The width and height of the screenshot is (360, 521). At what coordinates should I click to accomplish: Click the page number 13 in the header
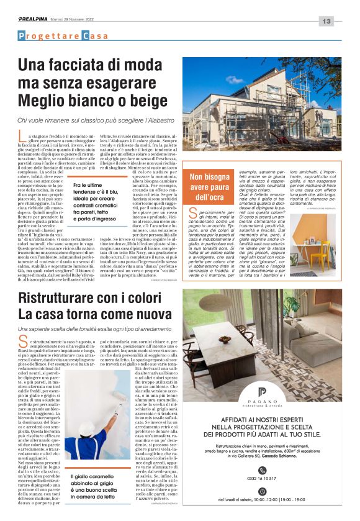pos(327,20)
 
